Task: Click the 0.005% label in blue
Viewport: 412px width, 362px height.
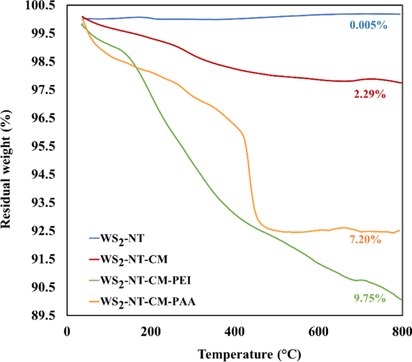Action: pos(369,25)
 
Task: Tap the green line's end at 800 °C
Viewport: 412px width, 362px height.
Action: pos(401,299)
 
